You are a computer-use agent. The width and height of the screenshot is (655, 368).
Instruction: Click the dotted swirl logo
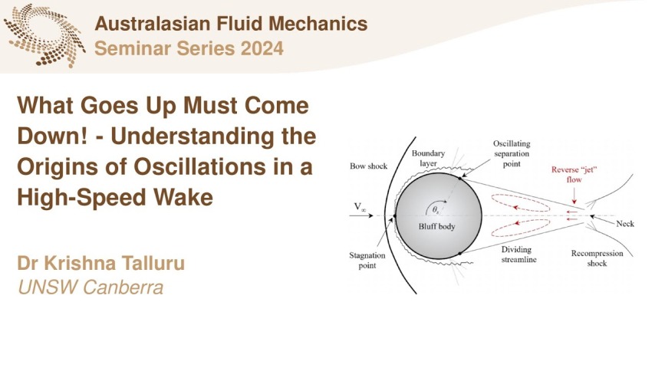(44, 35)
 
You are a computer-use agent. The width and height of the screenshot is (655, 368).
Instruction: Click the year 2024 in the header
(262, 48)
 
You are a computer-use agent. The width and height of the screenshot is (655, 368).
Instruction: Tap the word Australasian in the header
(153, 24)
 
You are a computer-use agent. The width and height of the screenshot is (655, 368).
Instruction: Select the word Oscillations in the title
(199, 166)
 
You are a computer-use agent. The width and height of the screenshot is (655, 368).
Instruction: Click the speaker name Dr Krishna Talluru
(101, 264)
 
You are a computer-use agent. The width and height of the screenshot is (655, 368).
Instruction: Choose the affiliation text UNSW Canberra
(91, 287)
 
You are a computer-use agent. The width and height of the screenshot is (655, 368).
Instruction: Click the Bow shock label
(368, 166)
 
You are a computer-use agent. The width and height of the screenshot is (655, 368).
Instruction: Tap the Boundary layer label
(428, 158)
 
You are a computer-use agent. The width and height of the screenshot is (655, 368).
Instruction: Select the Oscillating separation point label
(512, 153)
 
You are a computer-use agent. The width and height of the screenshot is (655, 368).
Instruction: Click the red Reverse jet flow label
(574, 175)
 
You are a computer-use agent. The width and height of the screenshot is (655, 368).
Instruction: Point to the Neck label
(625, 224)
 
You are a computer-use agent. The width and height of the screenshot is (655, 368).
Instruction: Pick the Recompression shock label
(597, 258)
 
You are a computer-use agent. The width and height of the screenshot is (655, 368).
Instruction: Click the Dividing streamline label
(518, 255)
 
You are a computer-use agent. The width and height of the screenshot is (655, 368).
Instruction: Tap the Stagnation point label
(367, 260)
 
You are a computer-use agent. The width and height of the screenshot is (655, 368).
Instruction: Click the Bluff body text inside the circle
(437, 227)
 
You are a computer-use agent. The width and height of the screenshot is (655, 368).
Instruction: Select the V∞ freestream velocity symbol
(360, 207)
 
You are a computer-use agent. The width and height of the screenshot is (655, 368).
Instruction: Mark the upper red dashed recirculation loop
(520, 203)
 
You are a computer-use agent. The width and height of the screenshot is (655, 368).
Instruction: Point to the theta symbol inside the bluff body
(436, 210)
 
